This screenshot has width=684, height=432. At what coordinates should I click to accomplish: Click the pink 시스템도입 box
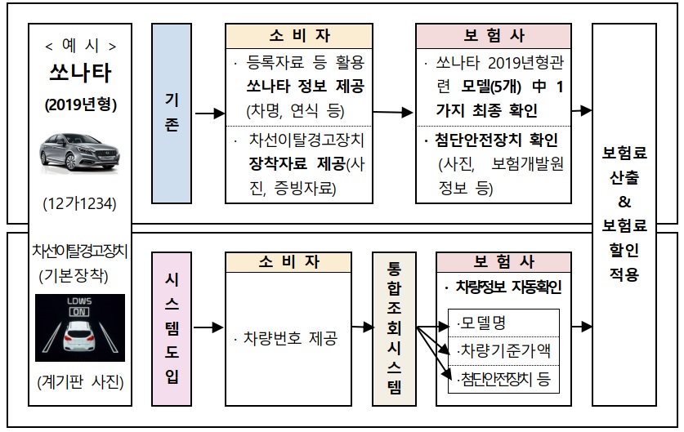172,328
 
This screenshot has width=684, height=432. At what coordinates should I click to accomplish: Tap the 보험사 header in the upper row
494,36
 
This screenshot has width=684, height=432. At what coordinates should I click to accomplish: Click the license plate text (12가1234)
79,202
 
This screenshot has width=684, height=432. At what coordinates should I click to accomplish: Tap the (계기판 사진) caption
79,380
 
